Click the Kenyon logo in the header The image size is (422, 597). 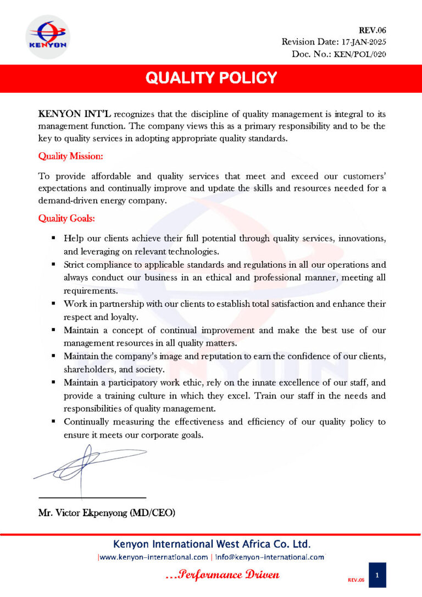point(47,37)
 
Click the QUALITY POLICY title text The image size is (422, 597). point(211,78)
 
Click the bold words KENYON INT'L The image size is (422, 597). point(75,114)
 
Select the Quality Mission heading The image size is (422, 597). point(70,157)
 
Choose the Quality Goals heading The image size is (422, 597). point(66,218)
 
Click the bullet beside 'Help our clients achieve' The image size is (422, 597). point(53,238)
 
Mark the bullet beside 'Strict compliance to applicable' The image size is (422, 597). point(53,264)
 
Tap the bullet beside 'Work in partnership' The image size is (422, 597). point(53,303)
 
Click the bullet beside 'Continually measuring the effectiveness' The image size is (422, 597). point(53,422)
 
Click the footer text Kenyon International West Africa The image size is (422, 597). point(212,545)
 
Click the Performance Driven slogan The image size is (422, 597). point(223,574)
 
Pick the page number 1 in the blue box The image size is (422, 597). point(377,574)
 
